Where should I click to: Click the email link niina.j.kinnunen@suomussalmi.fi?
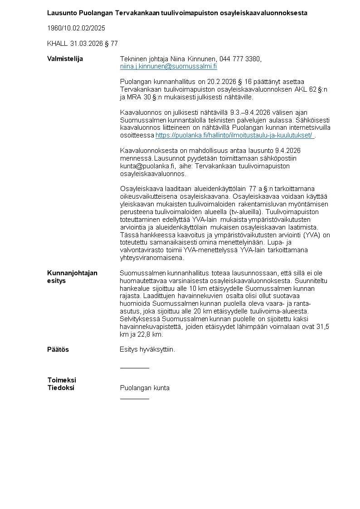coord(168,67)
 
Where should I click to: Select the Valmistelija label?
coord(65,59)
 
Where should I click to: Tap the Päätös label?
coord(58,350)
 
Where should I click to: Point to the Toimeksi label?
coord(62,380)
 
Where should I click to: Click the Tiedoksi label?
coord(61,388)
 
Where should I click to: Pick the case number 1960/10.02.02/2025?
coord(76,28)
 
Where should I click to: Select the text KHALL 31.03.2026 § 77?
coord(83,44)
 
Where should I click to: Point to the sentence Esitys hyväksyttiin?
coord(147,350)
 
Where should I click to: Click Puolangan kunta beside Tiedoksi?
coord(145,388)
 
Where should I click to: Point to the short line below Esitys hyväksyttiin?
coord(134,368)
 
